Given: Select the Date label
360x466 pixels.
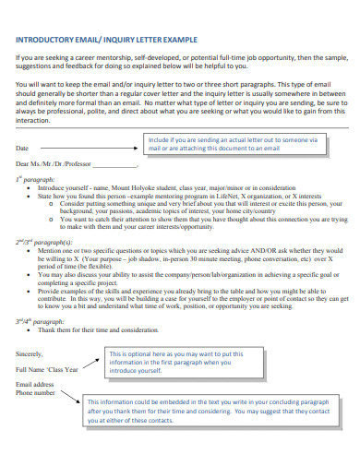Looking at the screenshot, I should coord(23,148).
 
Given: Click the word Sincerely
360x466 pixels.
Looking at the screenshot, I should coord(30,353).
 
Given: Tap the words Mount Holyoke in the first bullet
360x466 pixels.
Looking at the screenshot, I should coord(129,186).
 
